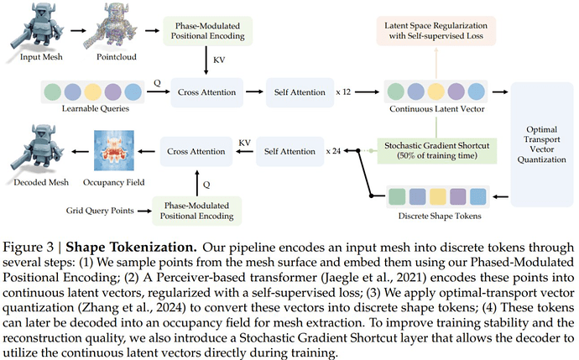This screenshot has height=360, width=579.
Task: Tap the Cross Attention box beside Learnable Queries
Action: click(x=206, y=91)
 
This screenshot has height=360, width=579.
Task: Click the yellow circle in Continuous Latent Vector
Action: click(x=437, y=91)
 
